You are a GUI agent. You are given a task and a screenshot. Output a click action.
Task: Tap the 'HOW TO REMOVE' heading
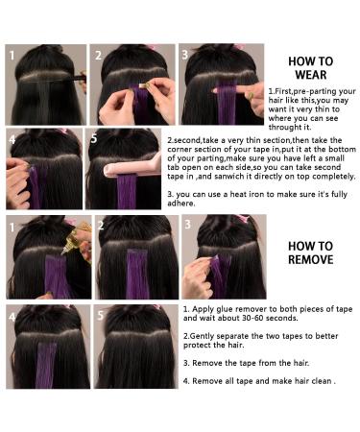pyautogui.click(x=310, y=252)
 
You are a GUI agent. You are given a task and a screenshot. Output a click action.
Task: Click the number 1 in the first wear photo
pyautogui.click(x=13, y=55)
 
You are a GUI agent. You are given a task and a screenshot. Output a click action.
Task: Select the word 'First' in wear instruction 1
pyautogui.click(x=285, y=89)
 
